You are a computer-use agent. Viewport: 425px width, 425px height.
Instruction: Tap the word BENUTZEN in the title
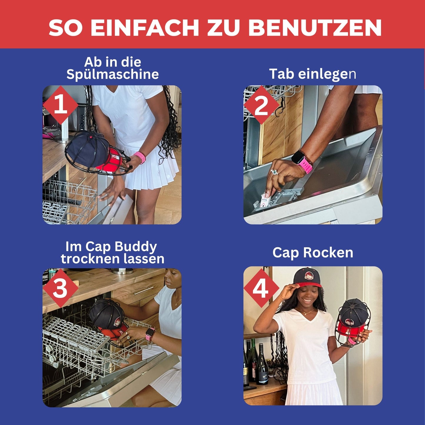click(x=315, y=28)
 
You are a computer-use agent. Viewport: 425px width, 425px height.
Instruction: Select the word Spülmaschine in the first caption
click(x=112, y=74)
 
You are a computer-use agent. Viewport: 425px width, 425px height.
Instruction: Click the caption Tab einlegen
click(x=313, y=74)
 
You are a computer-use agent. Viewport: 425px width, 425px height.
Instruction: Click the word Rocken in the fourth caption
click(x=328, y=253)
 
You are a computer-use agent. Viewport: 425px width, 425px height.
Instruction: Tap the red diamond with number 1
click(x=60, y=105)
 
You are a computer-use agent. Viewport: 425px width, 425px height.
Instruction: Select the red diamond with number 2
click(x=261, y=105)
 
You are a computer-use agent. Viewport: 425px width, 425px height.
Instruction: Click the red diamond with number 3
click(x=60, y=288)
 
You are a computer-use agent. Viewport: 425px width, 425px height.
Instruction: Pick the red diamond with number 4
click(x=261, y=288)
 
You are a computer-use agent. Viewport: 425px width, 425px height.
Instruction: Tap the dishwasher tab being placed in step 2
click(x=265, y=200)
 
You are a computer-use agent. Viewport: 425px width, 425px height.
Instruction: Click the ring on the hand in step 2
click(x=274, y=172)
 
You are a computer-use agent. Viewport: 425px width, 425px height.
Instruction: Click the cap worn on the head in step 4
click(x=307, y=277)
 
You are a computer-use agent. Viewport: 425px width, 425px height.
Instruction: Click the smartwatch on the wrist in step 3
click(x=150, y=334)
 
